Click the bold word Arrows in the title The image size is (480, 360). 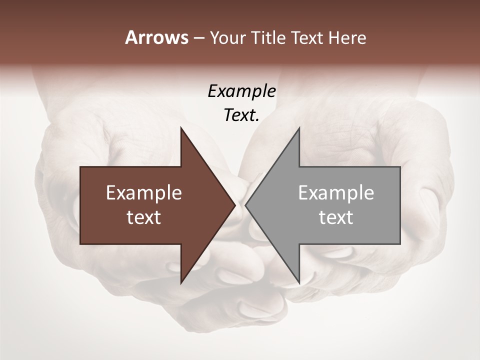coord(156,37)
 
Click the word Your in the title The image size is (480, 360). coord(227,38)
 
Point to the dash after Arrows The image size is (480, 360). coord(198,38)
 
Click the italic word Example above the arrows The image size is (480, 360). coord(241,91)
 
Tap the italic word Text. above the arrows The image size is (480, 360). coord(241,115)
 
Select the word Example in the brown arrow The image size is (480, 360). coord(144,192)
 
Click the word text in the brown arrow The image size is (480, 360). coord(144,217)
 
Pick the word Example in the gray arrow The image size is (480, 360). coord(336,192)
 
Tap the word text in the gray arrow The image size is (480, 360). coord(336,217)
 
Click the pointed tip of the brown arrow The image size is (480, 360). coord(235,205)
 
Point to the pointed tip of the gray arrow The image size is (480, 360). coord(245,205)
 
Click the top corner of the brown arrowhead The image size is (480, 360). coord(181,127)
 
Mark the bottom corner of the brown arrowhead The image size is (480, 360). coord(181,283)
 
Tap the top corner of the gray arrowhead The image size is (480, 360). coord(299,127)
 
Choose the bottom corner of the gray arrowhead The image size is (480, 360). coord(299,283)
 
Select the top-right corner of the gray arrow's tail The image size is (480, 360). coord(400,167)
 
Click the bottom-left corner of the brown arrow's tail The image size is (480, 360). coord(80,244)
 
